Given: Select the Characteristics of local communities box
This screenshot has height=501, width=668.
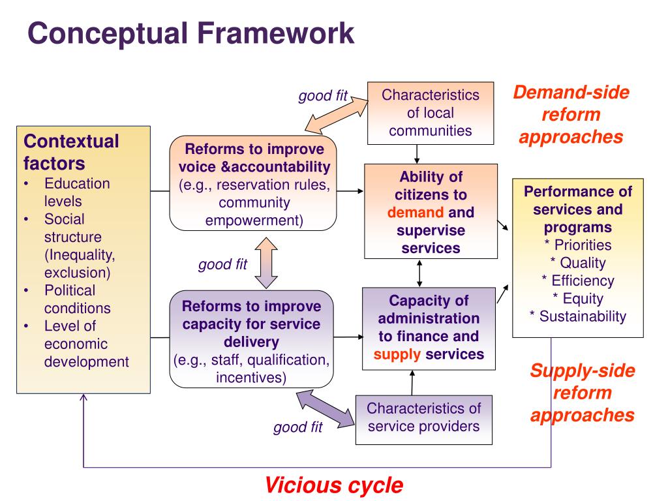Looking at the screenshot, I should click(430, 113).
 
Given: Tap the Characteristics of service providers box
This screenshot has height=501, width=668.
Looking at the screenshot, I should click(423, 417).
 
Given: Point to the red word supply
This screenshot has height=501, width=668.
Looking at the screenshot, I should click(397, 354).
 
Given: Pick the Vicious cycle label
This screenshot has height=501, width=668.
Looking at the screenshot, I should click(333, 485).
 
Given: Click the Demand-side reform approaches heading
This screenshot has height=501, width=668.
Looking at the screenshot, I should click(571, 115).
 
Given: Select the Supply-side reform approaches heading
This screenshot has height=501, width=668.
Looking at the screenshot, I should click(582, 393).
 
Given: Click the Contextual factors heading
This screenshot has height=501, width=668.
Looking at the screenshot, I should click(71, 151).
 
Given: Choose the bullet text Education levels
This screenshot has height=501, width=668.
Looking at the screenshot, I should click(77, 192).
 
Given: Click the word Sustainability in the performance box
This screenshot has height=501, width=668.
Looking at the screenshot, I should click(583, 316).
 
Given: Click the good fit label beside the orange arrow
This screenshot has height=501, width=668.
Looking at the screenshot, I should click(323, 97).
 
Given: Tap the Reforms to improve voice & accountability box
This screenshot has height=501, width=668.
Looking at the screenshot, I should click(253, 183).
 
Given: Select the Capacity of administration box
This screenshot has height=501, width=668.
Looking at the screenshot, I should click(429, 327).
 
